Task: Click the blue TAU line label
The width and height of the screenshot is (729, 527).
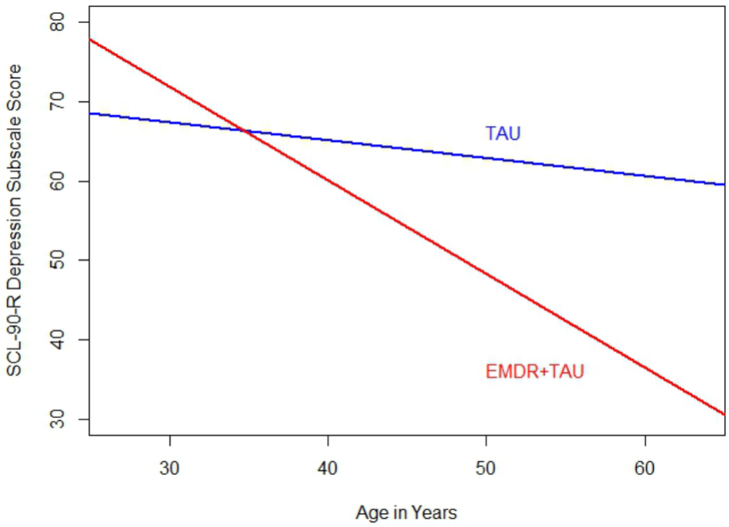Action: pos(503,133)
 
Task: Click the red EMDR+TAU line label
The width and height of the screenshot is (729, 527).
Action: pos(535,373)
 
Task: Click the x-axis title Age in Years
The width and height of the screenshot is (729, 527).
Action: pos(406,512)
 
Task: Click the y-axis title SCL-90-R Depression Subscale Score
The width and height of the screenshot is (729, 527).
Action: pos(15,221)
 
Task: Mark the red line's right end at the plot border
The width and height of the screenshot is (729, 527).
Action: pos(724,413)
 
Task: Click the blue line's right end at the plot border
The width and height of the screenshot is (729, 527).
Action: pos(724,184)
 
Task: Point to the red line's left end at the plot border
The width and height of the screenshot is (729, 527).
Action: pos(91,39)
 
